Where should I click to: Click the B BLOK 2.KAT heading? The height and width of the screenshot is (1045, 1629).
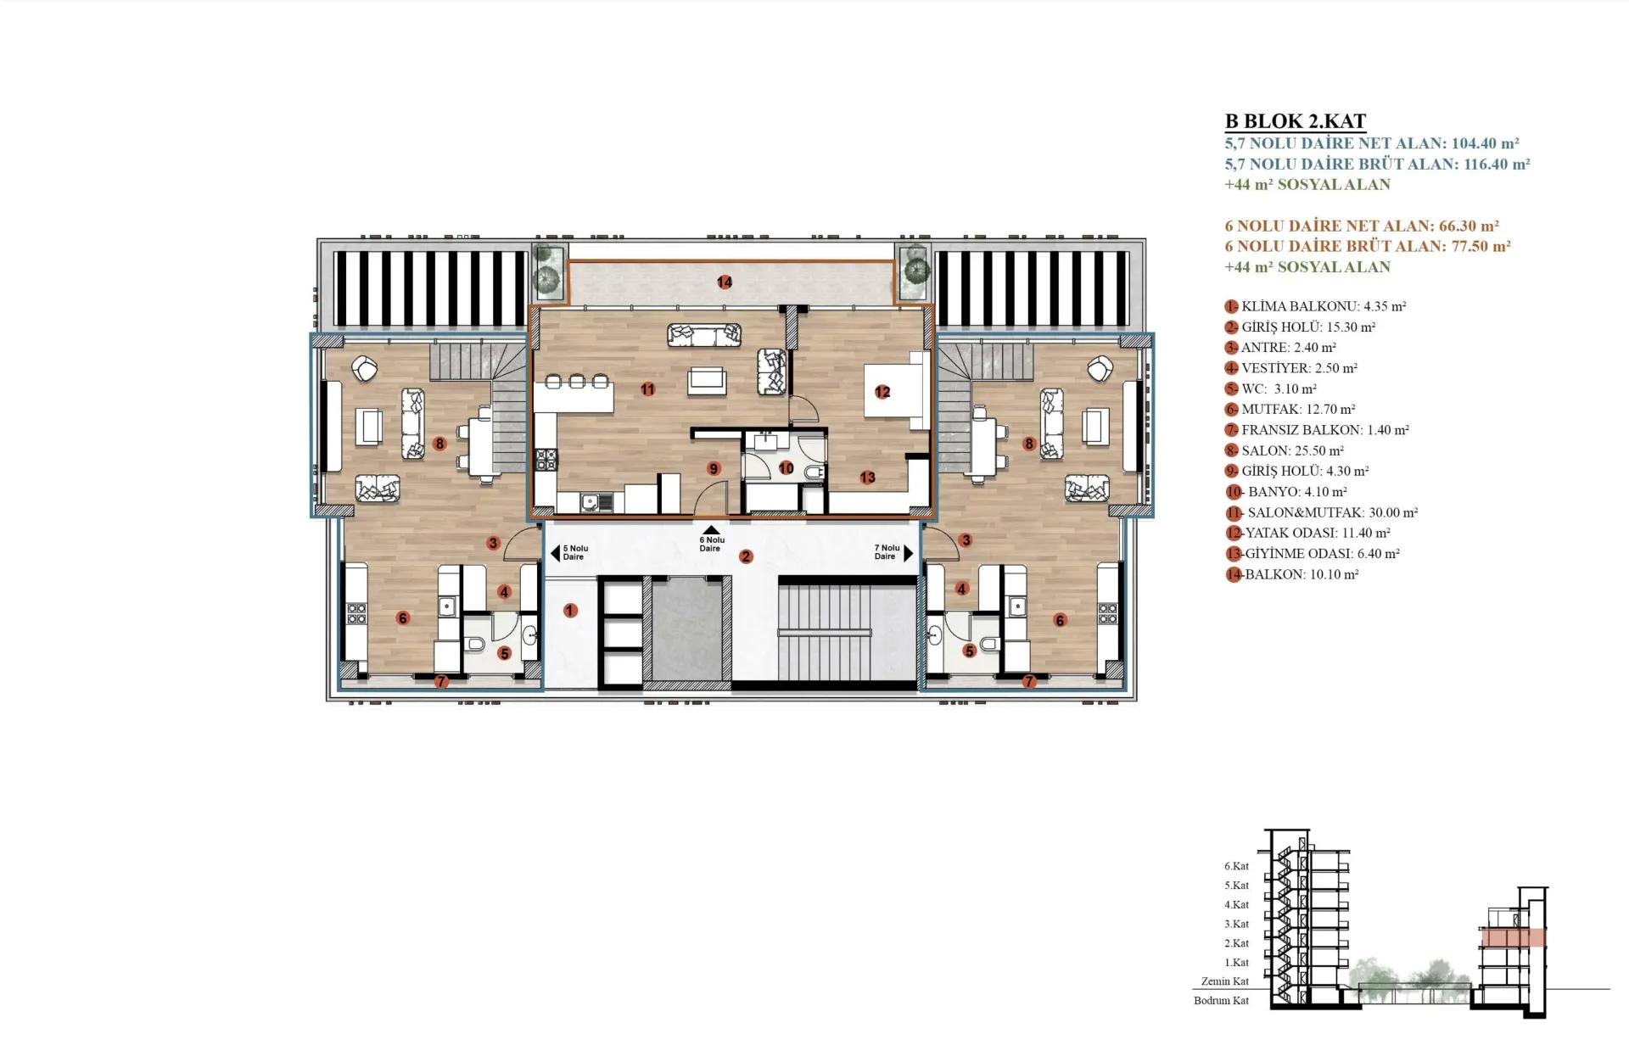click(1295, 121)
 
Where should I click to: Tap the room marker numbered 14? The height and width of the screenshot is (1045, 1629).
click(724, 282)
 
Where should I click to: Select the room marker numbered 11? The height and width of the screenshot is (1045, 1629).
click(647, 389)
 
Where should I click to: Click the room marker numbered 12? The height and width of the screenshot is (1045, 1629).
click(882, 392)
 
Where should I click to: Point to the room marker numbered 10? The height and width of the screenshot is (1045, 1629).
click(786, 467)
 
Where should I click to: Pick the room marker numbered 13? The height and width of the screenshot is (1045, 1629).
click(866, 478)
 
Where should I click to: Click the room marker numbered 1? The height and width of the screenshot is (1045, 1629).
click(570, 610)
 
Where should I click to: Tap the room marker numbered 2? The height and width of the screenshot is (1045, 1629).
click(746, 556)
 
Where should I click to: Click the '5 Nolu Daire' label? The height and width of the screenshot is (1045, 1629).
click(575, 552)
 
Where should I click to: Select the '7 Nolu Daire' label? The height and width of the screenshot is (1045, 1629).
click(887, 552)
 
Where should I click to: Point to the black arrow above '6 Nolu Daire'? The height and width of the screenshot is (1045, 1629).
click(711, 529)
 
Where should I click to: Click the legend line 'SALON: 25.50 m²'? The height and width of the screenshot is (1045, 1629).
click(1285, 450)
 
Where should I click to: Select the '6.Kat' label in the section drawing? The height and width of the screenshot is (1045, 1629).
click(1236, 866)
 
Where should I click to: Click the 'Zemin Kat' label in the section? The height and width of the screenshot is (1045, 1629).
click(1225, 981)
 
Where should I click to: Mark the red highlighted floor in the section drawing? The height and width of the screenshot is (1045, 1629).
click(1513, 937)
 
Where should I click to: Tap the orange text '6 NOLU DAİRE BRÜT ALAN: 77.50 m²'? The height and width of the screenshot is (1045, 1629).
click(1368, 246)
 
